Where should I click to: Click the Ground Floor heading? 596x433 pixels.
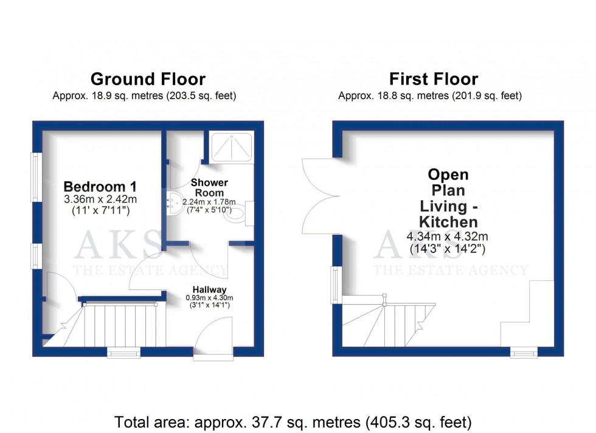tap(148, 79)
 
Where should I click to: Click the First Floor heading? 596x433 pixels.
tap(433, 79)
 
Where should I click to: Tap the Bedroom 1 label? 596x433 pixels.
tap(100, 186)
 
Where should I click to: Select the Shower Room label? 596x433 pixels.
tap(209, 187)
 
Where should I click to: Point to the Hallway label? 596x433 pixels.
tap(210, 289)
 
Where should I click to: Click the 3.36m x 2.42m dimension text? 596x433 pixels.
tap(100, 199)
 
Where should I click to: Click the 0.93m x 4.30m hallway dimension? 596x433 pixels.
tap(210, 298)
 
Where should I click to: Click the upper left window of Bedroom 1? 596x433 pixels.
tap(36, 176)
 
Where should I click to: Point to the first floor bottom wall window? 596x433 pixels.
tap(523, 352)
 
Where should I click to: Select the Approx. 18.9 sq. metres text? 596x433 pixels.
tap(144, 96)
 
